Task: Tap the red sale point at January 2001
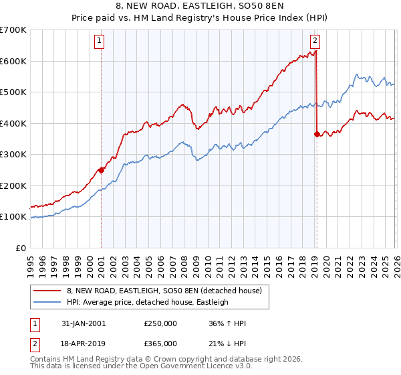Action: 101,170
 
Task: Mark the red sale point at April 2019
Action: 316,134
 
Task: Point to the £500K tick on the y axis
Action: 14,92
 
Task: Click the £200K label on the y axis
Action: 14,185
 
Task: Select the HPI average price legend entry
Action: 147,302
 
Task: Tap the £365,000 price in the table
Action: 160,343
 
